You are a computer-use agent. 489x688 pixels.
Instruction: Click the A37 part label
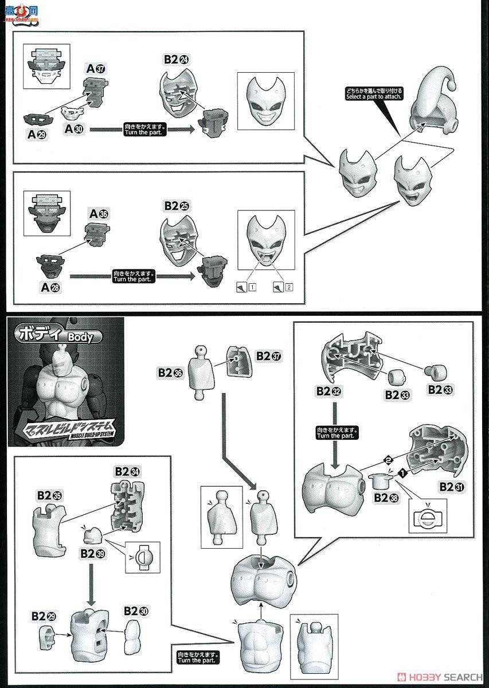96,69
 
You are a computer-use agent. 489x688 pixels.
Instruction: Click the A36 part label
98,214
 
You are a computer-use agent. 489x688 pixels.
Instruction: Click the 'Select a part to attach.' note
374,93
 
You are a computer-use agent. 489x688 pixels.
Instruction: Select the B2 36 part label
170,373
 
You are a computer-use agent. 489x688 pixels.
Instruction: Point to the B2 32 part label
328,391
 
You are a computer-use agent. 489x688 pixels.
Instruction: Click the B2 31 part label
452,487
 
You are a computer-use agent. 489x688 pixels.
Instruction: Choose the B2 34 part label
127,471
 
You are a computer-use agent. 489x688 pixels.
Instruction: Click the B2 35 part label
49,495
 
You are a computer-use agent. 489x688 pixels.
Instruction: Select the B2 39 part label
92,554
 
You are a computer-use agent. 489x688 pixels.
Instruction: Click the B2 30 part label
136,611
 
